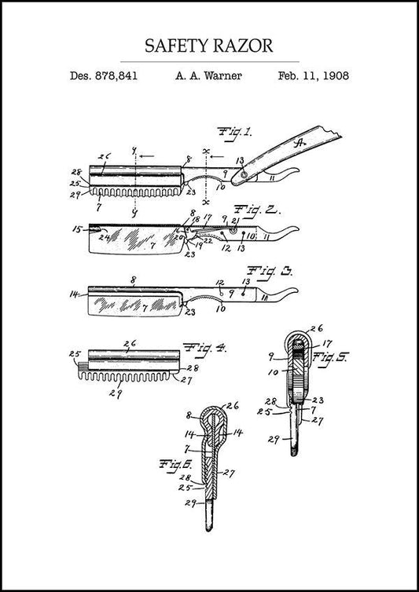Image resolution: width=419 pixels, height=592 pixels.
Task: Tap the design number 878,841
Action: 116,76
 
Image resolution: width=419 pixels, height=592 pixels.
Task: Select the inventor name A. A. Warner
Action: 208,76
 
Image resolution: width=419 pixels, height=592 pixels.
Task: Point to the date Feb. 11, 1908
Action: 314,76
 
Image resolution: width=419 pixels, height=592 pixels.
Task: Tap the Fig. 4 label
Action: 203,347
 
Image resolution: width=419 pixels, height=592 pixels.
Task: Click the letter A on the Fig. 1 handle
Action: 299,143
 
